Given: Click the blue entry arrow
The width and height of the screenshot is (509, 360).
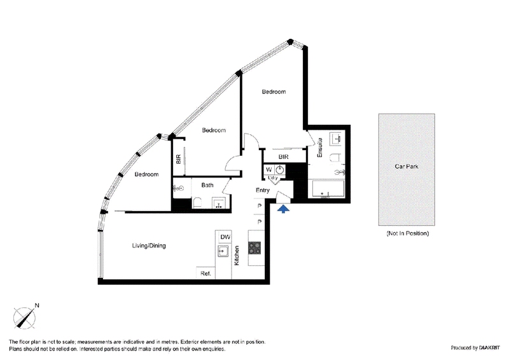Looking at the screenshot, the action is tap(283, 209).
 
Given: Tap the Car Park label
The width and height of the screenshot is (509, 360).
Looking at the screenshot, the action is tap(407, 167).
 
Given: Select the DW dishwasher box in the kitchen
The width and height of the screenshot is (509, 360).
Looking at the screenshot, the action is tap(225, 237).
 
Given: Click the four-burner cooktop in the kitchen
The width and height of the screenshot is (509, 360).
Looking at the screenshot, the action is tap(254, 247).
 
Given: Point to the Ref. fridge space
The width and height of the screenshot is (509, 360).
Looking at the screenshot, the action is tap(206, 273).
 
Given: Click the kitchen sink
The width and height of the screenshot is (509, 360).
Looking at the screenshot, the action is tap(223, 251).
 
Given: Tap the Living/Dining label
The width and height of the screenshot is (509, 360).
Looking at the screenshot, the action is tap(149, 246).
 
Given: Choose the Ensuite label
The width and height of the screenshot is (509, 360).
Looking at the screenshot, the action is tap(320, 148).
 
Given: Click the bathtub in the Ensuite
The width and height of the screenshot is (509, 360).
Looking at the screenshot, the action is tap(328, 189).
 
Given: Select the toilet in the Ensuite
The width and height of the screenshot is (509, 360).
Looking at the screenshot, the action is tap(335, 158).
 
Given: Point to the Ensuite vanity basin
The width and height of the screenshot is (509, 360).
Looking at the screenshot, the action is tap(336, 139).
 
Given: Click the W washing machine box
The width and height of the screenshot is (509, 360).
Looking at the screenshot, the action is tap(269, 169).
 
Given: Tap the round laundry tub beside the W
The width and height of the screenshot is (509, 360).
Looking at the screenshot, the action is tap(279, 169).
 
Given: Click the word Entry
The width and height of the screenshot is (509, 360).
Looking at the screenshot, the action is tap(263, 190).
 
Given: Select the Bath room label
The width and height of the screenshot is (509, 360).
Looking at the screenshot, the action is tap(207, 185).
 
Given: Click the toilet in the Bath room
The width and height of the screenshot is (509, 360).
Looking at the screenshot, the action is tap(197, 203).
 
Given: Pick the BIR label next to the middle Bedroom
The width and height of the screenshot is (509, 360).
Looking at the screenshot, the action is tap(178, 159).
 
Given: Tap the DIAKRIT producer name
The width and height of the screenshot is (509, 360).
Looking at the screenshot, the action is tap(489, 348).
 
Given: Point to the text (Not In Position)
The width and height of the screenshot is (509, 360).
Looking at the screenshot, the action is tap(407, 233).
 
